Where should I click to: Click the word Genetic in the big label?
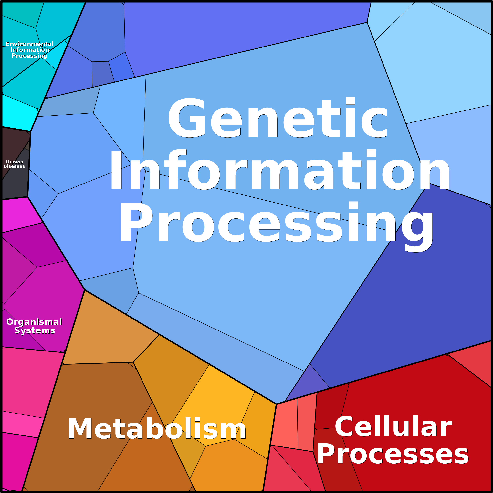coord(278,117)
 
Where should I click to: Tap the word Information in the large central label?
coord(280,170)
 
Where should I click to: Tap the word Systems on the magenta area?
coord(35,331)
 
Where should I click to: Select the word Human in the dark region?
coord(15,162)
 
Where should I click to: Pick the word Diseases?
coord(14,166)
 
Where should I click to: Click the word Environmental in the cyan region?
coord(30,44)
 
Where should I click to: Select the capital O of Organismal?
coord(10,322)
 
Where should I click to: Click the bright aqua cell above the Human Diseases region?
coord(18,112)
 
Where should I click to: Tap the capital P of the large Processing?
coord(136,222)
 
